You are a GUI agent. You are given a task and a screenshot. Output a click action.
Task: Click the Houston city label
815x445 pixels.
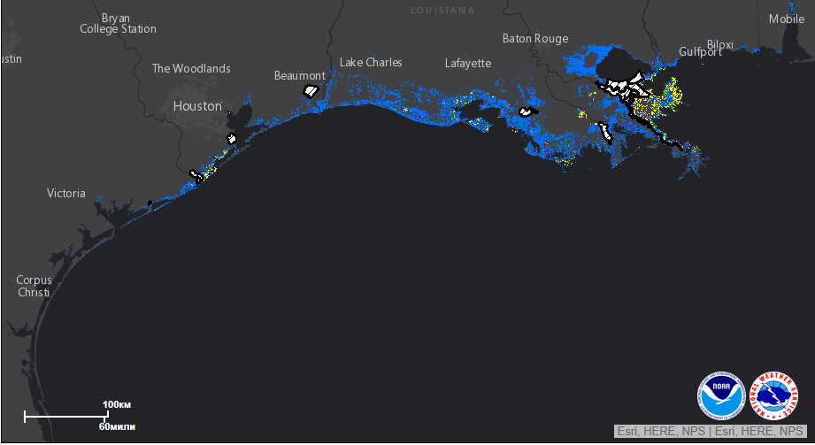[196, 105]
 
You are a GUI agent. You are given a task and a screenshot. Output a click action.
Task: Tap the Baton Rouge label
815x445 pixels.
[534, 38]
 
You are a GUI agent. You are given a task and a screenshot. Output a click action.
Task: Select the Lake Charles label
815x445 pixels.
[371, 62]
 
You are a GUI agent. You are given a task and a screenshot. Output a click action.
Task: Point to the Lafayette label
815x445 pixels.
[467, 63]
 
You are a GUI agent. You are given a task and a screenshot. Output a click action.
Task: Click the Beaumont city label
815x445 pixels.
[299, 75]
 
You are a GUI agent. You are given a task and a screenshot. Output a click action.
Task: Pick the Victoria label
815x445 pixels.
[66, 193]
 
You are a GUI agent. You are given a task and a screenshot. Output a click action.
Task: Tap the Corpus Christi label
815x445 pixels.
[34, 286]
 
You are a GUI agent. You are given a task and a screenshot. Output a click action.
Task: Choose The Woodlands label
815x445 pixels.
[191, 68]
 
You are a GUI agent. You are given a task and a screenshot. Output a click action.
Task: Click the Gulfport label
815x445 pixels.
[700, 52]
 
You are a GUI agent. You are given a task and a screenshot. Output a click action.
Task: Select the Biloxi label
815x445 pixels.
[720, 45]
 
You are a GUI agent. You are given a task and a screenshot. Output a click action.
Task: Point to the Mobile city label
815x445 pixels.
[787, 19]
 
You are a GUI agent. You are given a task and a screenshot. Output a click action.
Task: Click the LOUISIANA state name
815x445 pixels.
[442, 10]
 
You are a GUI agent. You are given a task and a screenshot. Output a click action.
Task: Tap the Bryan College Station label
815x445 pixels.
[118, 23]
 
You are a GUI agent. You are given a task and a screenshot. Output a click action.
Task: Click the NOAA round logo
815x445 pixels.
[721, 395]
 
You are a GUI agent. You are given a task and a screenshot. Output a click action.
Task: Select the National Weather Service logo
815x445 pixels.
[773, 395]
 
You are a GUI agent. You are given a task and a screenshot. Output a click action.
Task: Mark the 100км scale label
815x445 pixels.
[117, 404]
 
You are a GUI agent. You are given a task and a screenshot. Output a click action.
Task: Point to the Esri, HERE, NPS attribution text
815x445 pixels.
[710, 431]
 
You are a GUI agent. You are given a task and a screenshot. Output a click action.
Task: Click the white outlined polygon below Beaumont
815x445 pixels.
[311, 90]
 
